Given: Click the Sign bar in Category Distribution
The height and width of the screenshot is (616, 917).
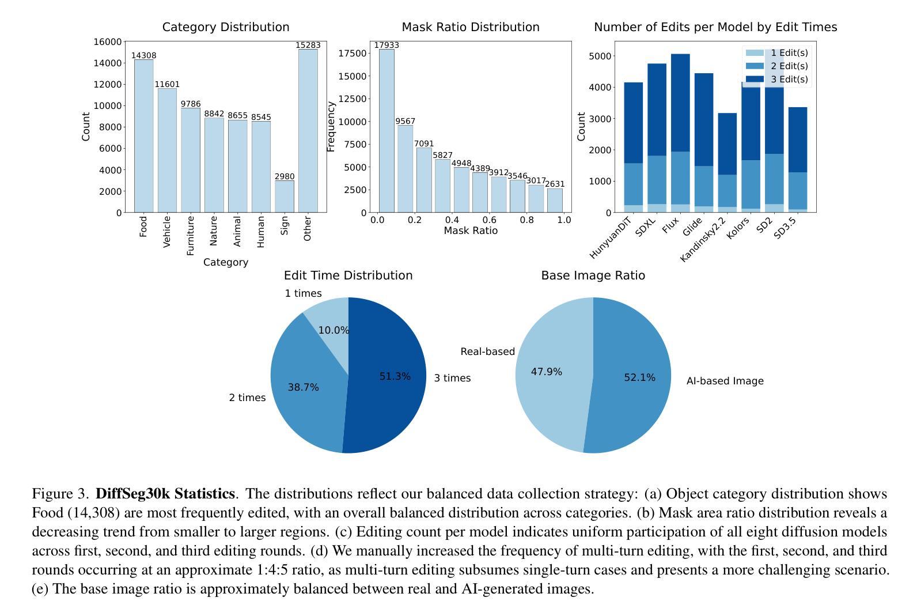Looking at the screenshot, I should [x=285, y=196].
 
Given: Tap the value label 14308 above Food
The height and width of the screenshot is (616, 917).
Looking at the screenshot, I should [x=143, y=56].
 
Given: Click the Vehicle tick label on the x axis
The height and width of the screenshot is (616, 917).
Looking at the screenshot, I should [x=167, y=232].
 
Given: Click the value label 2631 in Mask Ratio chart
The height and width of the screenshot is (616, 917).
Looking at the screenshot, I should [x=555, y=184].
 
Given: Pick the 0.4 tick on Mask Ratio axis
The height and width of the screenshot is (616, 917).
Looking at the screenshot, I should [x=452, y=220].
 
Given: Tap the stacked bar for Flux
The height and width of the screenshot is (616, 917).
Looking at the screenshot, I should [x=680, y=133].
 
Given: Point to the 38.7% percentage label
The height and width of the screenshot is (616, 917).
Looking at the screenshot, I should [x=304, y=388].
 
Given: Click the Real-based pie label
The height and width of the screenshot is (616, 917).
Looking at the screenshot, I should [x=487, y=352].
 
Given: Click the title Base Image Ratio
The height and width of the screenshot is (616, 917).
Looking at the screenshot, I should [x=593, y=276].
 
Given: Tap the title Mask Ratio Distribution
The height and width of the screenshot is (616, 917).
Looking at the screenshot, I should [x=471, y=27].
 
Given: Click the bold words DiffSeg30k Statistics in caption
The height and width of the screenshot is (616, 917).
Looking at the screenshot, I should [x=165, y=494].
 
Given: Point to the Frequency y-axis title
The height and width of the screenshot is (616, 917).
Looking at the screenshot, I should [x=331, y=127].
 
